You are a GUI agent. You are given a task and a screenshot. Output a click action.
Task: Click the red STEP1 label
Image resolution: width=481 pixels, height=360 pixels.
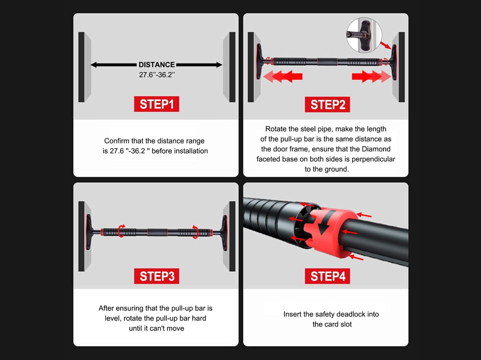(x=156, y=104)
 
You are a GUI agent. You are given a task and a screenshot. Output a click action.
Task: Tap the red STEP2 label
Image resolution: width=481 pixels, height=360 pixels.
(x=327, y=105)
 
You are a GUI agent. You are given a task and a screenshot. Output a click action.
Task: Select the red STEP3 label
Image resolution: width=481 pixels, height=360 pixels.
(x=156, y=276)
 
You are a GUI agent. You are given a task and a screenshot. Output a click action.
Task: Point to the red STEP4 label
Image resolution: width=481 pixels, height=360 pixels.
(x=327, y=276)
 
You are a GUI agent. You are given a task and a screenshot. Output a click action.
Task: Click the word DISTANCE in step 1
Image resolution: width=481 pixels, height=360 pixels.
(x=157, y=65)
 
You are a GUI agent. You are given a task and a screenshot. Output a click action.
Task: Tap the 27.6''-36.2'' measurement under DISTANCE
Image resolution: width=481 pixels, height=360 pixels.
(x=157, y=75)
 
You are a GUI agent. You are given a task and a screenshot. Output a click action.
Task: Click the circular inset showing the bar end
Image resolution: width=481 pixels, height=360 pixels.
(x=364, y=35)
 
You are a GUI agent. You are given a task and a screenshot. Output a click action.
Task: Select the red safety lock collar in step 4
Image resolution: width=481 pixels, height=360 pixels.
(x=330, y=232)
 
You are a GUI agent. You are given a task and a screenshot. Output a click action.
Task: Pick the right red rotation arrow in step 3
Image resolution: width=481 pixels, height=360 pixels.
(x=195, y=232)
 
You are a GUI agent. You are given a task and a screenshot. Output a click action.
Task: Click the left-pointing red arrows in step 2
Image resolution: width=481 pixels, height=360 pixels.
(x=282, y=76)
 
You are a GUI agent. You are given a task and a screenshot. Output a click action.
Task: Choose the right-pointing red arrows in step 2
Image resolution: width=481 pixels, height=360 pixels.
(x=371, y=76)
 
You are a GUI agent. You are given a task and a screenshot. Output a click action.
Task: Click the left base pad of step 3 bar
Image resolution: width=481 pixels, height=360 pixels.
(x=89, y=232)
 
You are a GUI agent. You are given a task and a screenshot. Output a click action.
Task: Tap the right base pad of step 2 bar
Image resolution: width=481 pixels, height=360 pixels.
(x=393, y=62)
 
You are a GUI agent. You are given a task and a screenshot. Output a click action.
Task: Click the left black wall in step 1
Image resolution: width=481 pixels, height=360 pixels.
(x=81, y=67)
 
